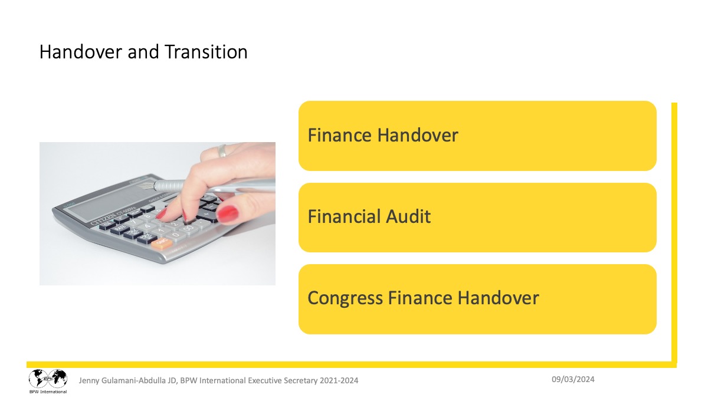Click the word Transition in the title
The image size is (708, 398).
(x=206, y=52)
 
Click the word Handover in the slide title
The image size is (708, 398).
(x=81, y=52)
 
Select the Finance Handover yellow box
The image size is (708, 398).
(x=477, y=136)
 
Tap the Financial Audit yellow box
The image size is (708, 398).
(x=477, y=218)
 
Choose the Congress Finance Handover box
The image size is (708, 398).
(x=477, y=299)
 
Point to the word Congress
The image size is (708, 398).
(x=345, y=298)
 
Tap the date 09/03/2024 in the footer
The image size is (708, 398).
(x=573, y=379)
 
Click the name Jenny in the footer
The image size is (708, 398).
(x=89, y=380)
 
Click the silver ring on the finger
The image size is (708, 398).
(x=222, y=151)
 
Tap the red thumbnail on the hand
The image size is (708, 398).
(x=227, y=214)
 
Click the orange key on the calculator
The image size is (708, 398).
(x=162, y=243)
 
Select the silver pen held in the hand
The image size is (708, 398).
(x=212, y=186)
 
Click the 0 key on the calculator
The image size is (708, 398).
(x=176, y=235)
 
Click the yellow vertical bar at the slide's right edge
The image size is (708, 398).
(x=674, y=232)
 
